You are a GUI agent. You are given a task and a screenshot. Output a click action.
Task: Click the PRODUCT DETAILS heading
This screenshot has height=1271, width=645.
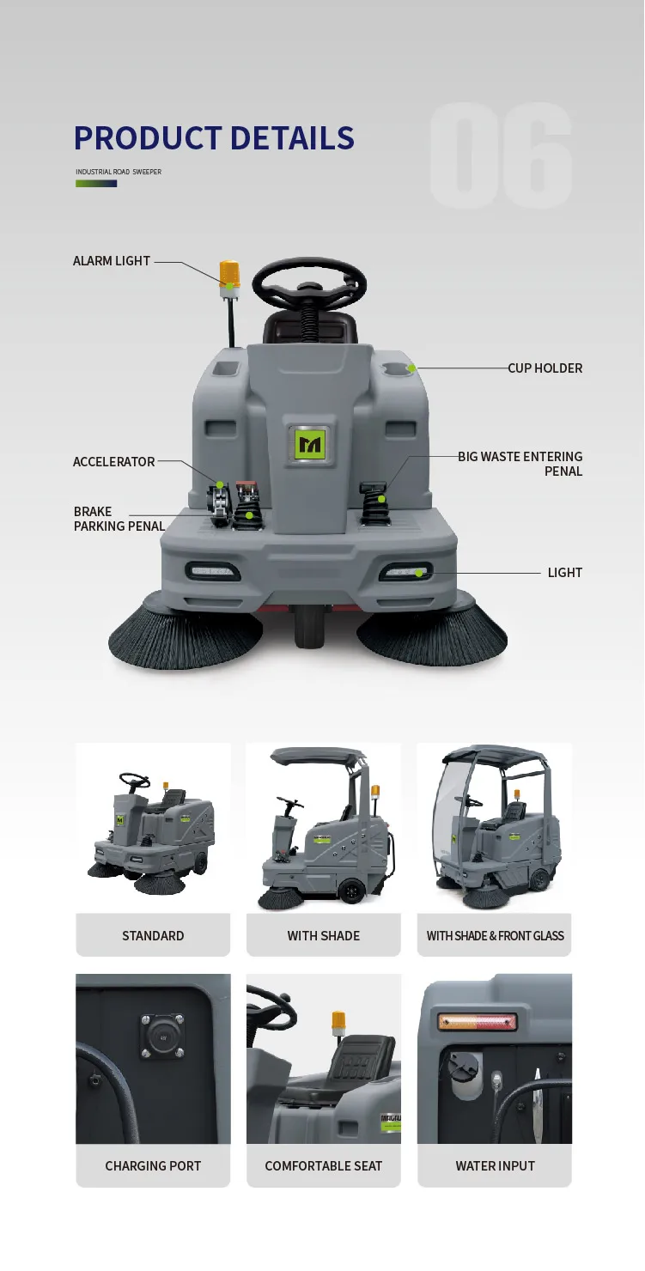[214, 138]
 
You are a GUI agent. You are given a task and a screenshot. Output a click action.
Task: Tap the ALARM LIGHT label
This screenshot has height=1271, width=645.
[112, 261]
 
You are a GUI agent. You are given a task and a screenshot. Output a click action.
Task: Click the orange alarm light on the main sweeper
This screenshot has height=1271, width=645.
[229, 274]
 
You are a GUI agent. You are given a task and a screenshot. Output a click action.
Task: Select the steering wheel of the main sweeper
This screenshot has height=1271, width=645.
[309, 283]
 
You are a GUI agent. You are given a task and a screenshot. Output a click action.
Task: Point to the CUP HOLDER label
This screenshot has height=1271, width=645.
[545, 368]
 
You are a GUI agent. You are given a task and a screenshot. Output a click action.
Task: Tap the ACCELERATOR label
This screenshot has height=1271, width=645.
[114, 462]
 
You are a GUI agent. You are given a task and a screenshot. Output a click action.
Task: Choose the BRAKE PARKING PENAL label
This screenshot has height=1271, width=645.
[119, 519]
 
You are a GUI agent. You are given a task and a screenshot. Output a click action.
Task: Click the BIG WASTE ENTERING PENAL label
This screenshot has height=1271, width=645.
[520, 464]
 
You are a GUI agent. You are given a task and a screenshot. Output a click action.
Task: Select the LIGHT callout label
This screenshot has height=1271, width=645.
[564, 573]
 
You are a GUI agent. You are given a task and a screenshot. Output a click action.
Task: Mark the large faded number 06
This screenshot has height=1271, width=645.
[502, 156]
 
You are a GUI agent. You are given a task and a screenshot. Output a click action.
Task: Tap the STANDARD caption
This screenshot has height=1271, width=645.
[153, 936]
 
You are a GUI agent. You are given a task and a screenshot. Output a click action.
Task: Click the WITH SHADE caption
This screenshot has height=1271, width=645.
[324, 936]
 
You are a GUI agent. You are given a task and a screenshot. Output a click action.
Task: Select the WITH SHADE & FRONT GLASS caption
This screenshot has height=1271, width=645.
[495, 936]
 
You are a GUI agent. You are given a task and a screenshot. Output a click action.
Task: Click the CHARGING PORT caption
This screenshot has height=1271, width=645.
[153, 1166]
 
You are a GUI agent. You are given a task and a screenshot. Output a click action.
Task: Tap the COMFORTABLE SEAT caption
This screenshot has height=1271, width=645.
[324, 1166]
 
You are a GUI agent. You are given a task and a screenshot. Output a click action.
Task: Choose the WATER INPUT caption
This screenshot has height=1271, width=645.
[495, 1166]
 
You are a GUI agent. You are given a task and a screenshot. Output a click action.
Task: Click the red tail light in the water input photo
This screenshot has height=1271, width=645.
[478, 1022]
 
